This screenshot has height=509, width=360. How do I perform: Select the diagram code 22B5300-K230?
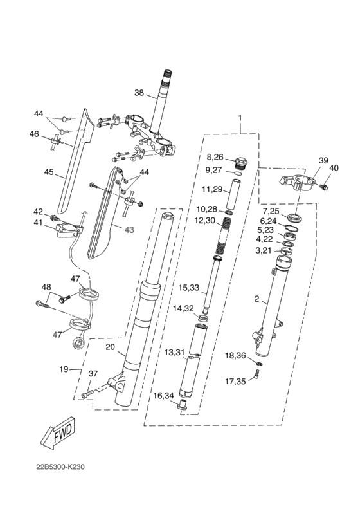click(x=60, y=467)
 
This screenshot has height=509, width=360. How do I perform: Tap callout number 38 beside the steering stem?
click(x=139, y=93)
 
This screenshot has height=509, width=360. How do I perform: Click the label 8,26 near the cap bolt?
click(x=215, y=157)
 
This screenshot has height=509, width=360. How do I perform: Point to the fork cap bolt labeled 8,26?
click(x=241, y=163)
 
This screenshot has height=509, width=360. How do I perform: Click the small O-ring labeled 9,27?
click(x=238, y=173)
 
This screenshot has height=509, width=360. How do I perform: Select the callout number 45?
click(x=49, y=172)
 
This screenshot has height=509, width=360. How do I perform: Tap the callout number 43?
click(x=129, y=230)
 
